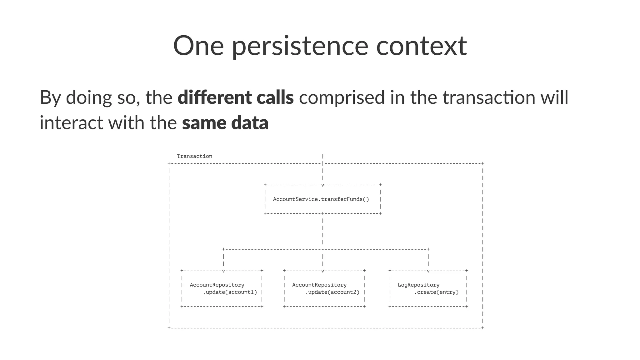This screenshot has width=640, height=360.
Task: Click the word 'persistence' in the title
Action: point(300,46)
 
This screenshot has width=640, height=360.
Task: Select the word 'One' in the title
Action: point(198,46)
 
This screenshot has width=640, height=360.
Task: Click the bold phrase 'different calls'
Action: point(236,97)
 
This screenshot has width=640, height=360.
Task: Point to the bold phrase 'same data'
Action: point(225,122)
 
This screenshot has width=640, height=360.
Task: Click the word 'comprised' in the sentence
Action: point(342,97)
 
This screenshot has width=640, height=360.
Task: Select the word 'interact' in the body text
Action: point(71,122)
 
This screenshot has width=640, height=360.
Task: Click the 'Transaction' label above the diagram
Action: point(194,156)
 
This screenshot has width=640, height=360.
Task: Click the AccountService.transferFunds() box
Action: point(321,199)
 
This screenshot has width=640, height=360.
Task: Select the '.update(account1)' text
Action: point(230,292)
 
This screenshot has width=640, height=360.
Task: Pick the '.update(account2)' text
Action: point(332,292)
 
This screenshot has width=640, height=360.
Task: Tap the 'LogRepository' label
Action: point(418,285)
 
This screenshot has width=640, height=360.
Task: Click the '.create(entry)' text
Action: point(436,292)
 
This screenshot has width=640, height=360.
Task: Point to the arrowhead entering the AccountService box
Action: point(322,185)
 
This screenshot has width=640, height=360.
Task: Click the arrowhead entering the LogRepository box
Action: point(428,271)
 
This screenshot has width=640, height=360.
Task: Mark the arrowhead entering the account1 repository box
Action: point(223,271)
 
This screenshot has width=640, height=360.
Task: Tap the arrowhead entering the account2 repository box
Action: point(322,271)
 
